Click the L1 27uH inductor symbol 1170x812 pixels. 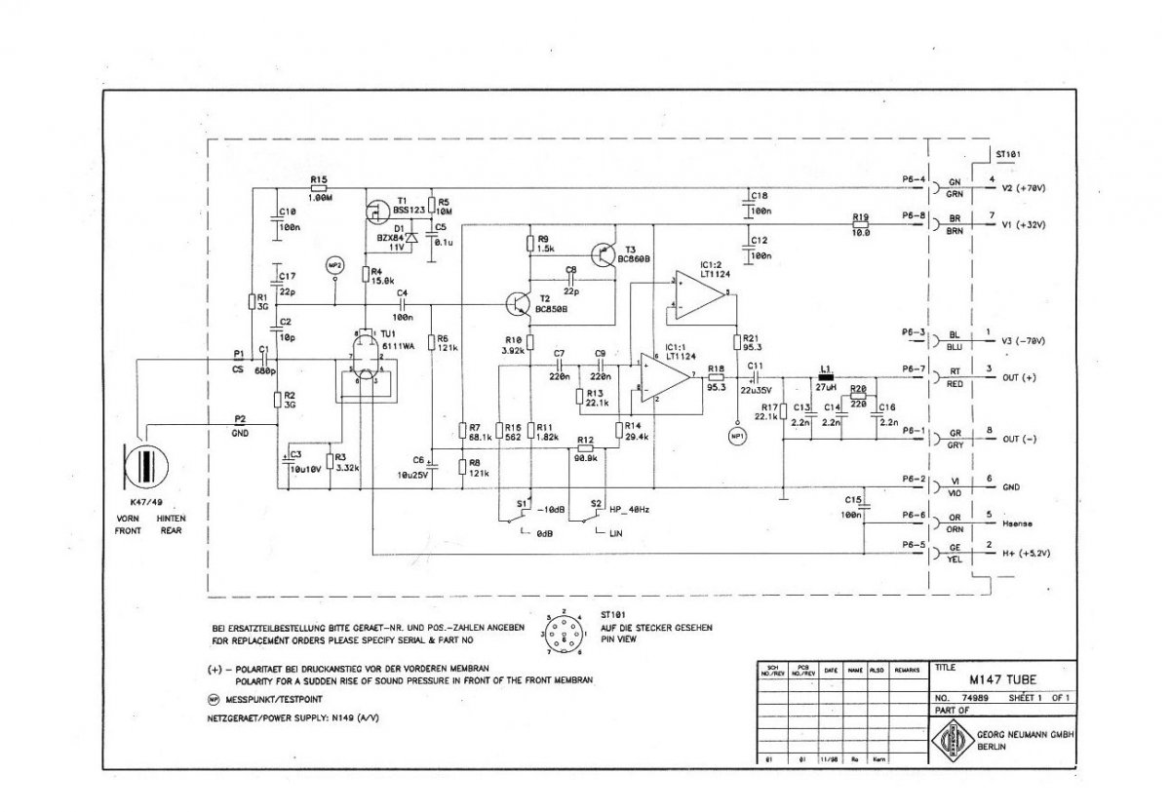pyautogui.click(x=827, y=374)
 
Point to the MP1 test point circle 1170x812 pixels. pyautogui.click(x=737, y=437)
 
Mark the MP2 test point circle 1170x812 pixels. pyautogui.click(x=334, y=264)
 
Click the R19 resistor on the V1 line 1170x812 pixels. pyautogui.click(x=860, y=223)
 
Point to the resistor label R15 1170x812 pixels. pyautogui.click(x=318, y=180)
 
